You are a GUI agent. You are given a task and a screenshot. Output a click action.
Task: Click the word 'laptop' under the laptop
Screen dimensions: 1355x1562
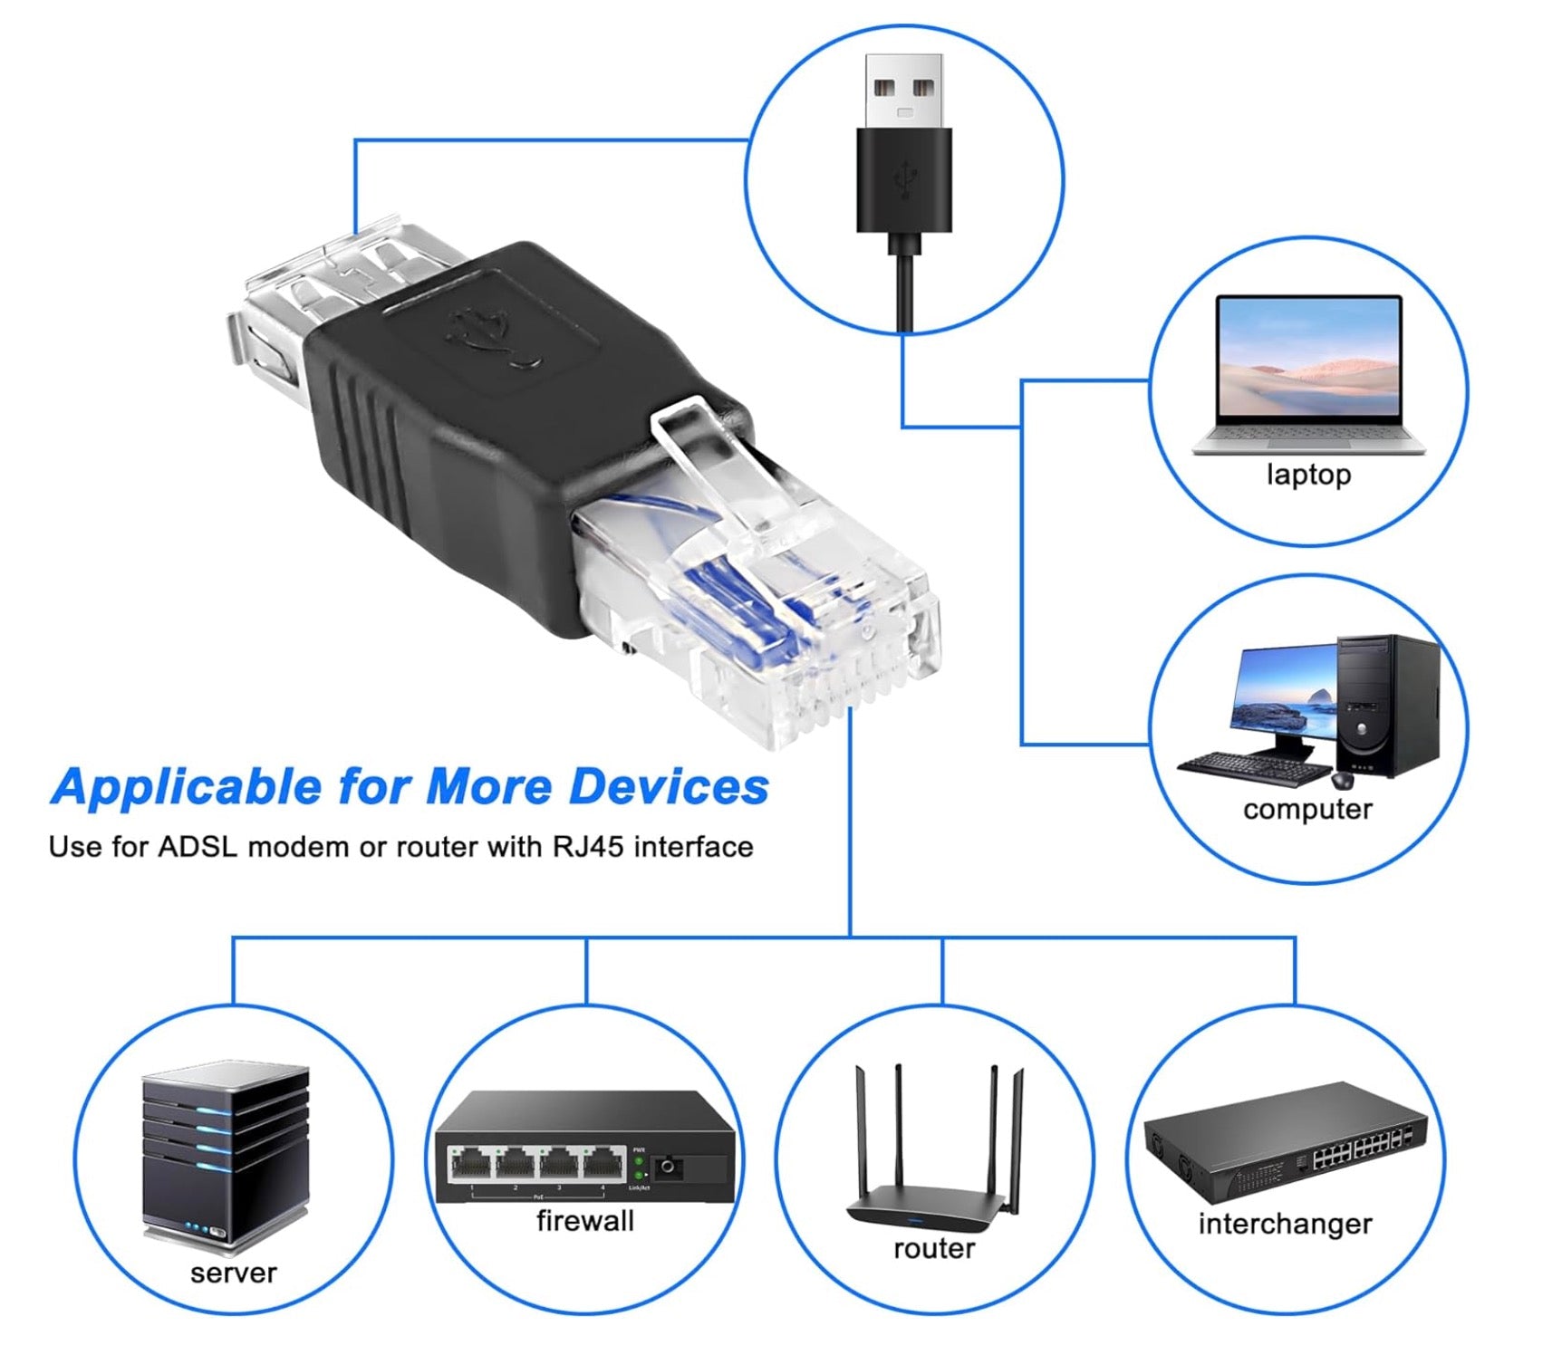click(1307, 475)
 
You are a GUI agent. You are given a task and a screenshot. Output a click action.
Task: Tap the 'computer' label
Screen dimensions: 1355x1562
click(1306, 809)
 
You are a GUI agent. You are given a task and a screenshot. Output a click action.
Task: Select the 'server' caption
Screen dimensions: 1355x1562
click(233, 1273)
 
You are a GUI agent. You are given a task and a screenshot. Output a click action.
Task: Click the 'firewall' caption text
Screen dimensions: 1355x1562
click(584, 1221)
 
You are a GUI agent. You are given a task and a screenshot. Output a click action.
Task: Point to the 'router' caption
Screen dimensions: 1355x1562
click(933, 1249)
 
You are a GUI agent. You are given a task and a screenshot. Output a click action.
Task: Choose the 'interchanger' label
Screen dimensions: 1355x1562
click(1285, 1224)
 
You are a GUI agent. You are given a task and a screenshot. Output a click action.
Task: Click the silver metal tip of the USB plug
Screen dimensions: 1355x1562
click(903, 91)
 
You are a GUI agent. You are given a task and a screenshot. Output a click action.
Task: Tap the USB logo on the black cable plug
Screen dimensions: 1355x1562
click(903, 178)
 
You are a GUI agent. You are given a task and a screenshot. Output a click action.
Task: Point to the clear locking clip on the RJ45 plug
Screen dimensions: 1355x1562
click(716, 471)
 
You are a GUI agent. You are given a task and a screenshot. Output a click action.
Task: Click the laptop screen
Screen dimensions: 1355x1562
click(1308, 359)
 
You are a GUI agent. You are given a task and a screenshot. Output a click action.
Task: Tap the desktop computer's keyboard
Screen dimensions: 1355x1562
click(1255, 768)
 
